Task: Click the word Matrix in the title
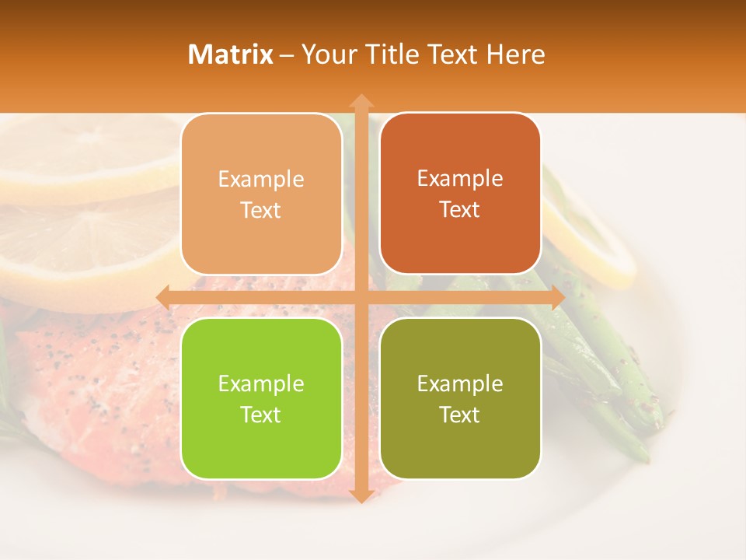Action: coord(231,54)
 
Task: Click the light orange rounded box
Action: coord(261,194)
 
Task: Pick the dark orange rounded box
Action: coord(460,194)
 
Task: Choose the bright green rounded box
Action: coord(261,398)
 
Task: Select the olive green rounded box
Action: coord(460,398)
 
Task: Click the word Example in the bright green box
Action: coord(261,384)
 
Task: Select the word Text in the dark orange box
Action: coord(460,210)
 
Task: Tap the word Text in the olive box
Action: coord(460,415)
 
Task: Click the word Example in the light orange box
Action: coord(261,180)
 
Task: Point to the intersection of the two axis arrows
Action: coord(361,297)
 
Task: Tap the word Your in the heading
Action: coord(327,54)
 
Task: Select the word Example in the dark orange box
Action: coord(460,179)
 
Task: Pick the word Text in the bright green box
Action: coord(261,415)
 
